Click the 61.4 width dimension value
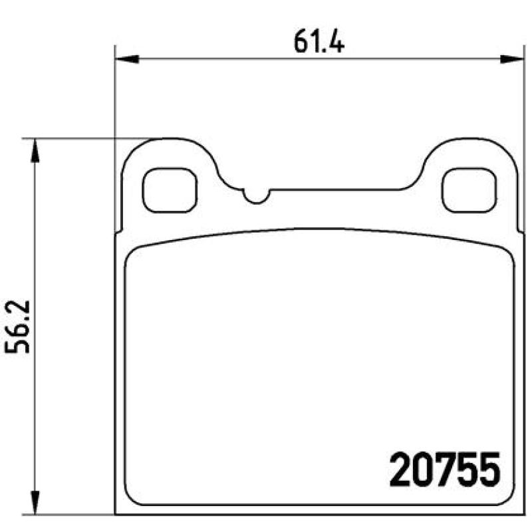(319, 41)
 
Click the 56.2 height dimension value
(17, 327)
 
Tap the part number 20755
(445, 470)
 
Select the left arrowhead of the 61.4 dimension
(127, 59)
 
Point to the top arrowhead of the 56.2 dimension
(35, 150)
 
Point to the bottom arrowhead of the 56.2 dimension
(35, 503)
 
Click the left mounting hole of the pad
(170, 190)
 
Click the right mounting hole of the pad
(469, 190)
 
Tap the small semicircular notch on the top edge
(257, 197)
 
